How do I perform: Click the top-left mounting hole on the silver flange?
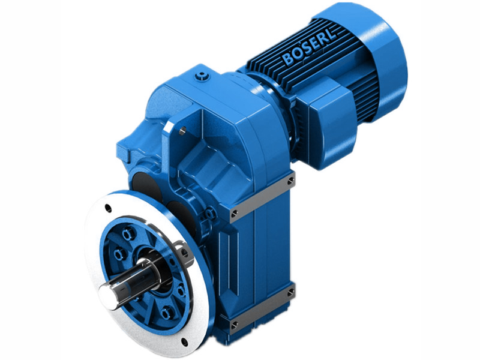(x=107, y=208)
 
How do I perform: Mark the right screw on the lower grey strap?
(x=290, y=292)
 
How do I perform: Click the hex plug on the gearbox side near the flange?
(x=209, y=214)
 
